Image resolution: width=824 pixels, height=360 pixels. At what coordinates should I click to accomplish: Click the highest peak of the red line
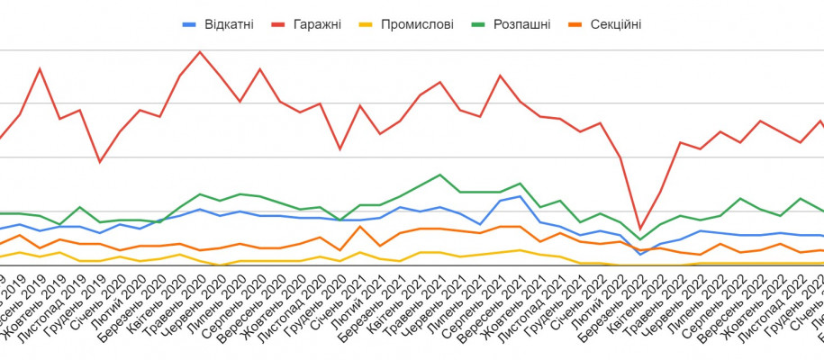(200, 51)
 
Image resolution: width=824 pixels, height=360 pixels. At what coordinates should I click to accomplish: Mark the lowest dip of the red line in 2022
(640, 229)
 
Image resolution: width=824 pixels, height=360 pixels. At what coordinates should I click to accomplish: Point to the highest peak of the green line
(439, 175)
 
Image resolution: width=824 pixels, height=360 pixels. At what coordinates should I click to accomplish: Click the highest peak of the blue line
(520, 196)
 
